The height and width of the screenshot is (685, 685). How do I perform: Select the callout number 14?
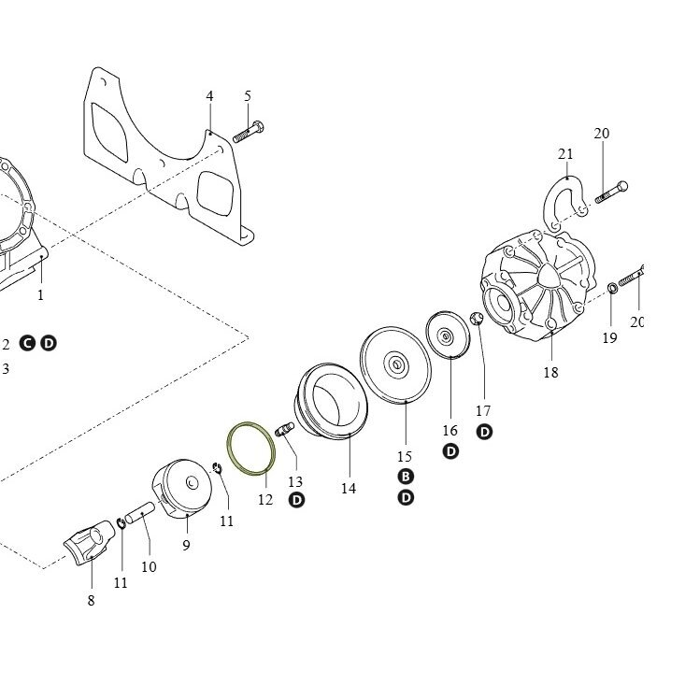349,488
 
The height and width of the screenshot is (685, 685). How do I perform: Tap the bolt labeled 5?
249,131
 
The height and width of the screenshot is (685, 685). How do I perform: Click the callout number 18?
550,372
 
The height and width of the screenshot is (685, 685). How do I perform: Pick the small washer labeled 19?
612,288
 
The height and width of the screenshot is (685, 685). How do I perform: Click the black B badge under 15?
406,477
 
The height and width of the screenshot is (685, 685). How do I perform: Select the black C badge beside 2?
27,343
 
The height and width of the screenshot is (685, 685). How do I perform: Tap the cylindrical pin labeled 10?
139,512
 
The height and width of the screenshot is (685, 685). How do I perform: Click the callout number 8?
91,600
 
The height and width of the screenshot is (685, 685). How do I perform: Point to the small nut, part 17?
477,319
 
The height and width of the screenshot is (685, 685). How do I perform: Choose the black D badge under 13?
296,500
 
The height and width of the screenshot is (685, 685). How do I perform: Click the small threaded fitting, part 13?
284,429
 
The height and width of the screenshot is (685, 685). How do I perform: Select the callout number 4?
209,96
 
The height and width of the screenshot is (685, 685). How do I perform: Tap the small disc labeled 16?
448,335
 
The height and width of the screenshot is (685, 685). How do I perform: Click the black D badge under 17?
484,432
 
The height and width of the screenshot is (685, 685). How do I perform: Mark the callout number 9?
187,545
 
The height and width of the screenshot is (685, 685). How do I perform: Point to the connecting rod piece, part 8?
89,542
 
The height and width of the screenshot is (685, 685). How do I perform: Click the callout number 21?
565,154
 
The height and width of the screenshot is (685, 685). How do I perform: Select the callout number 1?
40,295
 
